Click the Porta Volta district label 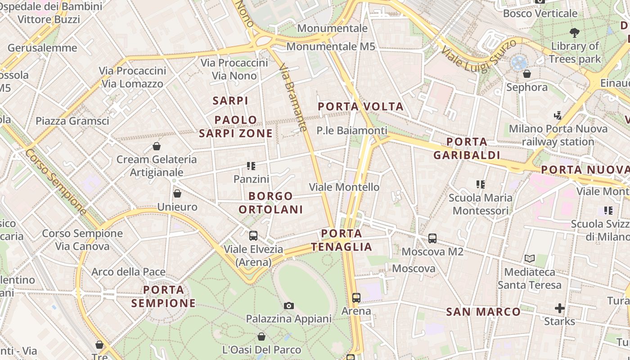(x=360, y=107)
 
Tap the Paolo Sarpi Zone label (x=236, y=126)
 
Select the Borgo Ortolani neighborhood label (x=270, y=203)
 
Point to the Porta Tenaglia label (x=342, y=240)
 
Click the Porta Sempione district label (x=164, y=296)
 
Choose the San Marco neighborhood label (x=483, y=312)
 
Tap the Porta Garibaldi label (x=467, y=148)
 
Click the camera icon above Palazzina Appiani (x=289, y=306)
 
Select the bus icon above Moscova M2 (x=432, y=238)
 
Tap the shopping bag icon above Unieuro (x=177, y=193)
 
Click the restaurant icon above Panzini (x=251, y=166)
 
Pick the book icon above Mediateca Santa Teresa (x=530, y=259)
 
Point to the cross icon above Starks (x=559, y=308)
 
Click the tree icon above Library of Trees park (x=574, y=32)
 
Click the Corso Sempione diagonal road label (x=56, y=182)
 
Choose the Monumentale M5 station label (x=331, y=46)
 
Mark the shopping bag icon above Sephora (x=527, y=74)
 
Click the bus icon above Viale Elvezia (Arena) (x=253, y=235)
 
